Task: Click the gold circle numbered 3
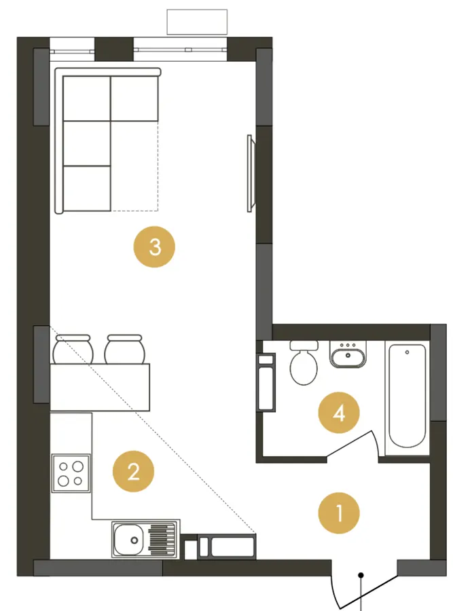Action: pyautogui.click(x=154, y=246)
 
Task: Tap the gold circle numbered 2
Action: pyautogui.click(x=133, y=472)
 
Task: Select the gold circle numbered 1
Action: pyautogui.click(x=339, y=513)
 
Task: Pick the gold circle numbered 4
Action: pyautogui.click(x=339, y=412)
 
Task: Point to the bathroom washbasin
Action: pyautogui.click(x=348, y=354)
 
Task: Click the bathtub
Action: pyautogui.click(x=407, y=396)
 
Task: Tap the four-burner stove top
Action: pyautogui.click(x=71, y=473)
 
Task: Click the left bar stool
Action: pyautogui.click(x=73, y=349)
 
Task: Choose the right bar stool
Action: pyautogui.click(x=125, y=349)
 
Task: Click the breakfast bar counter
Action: pyautogui.click(x=100, y=388)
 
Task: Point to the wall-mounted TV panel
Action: pyautogui.click(x=250, y=173)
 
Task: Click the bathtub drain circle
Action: pyautogui.click(x=407, y=352)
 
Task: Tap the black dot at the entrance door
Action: pyautogui.click(x=361, y=575)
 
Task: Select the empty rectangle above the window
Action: pyautogui.click(x=197, y=22)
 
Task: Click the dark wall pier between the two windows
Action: pyautogui.click(x=114, y=49)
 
